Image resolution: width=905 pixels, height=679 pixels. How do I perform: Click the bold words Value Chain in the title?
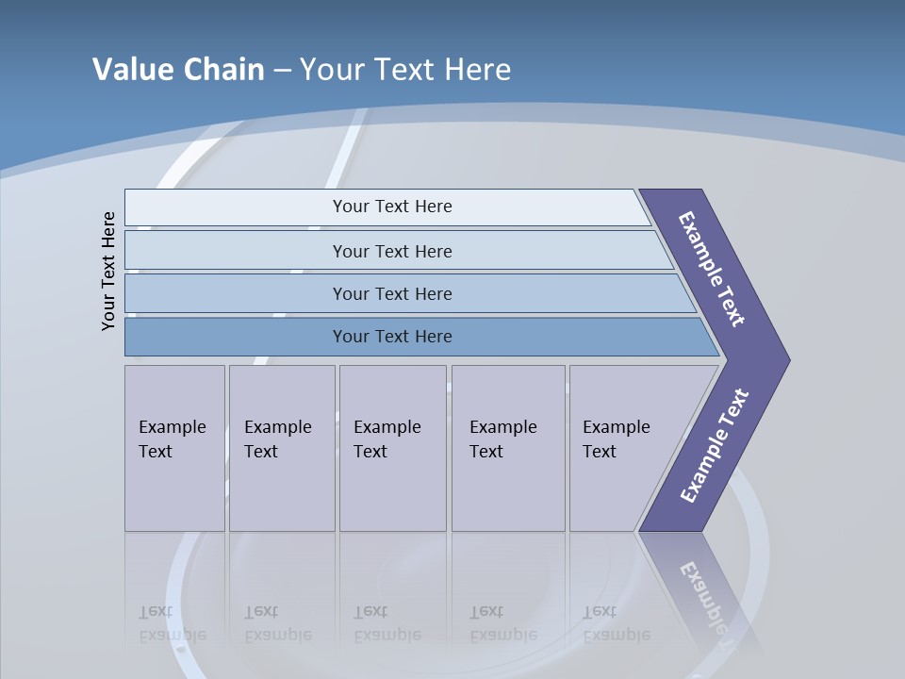(178, 70)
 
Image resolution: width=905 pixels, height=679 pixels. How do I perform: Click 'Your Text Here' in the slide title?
(405, 70)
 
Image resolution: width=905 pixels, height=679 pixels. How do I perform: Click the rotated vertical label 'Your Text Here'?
(108, 272)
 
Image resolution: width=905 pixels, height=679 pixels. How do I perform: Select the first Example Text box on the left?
(174, 448)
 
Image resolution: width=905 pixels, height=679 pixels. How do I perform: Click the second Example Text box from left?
(282, 448)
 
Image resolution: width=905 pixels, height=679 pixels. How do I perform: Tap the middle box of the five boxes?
(392, 448)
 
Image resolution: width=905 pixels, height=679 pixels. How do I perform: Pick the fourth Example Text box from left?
(508, 448)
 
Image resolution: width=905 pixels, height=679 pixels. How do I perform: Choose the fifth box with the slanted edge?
(622, 448)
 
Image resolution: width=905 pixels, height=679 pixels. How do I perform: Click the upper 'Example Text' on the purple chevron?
(712, 269)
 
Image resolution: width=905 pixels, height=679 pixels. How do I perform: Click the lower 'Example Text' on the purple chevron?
(715, 446)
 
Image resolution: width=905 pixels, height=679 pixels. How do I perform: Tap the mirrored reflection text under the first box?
(173, 623)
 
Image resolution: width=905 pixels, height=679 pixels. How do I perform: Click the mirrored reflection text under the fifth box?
(617, 623)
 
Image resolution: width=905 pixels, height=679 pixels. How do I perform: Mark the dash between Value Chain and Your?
(282, 71)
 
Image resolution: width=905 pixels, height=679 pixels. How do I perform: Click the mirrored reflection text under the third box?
(387, 623)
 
